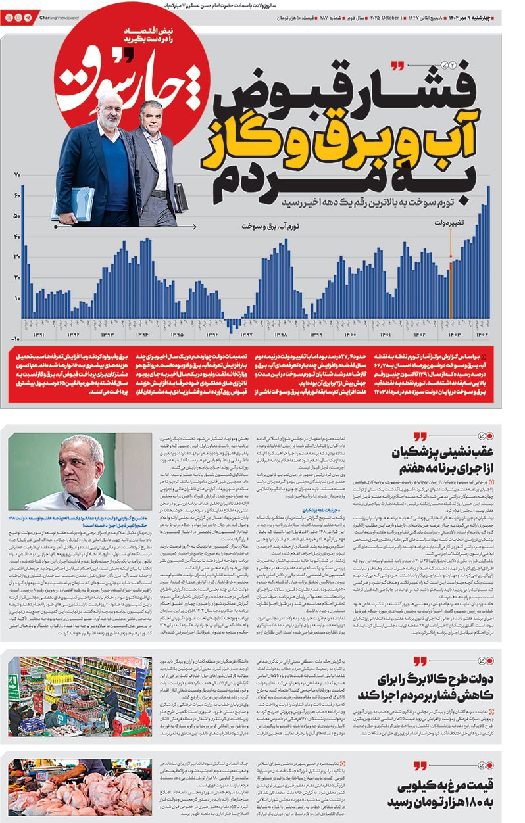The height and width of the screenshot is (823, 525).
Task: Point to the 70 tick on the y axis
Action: coord(16,175)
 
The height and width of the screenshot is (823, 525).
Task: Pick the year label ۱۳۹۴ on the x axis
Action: coord(142,335)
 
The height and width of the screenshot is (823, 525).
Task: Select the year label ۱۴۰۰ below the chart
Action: coord(351,335)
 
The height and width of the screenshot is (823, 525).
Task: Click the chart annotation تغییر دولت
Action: coord(449,223)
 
